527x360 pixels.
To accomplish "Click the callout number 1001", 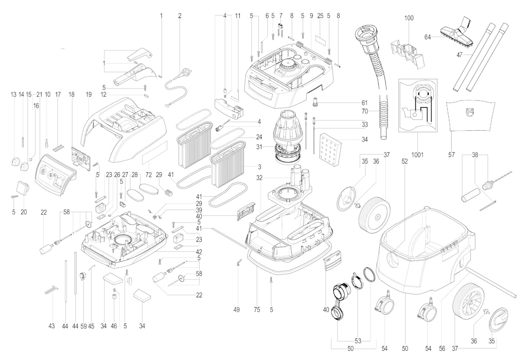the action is [x=417, y=155].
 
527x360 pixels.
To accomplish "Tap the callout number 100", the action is [x=409, y=18].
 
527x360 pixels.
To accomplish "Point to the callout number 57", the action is [x=451, y=155].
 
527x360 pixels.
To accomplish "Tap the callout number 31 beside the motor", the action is [x=268, y=147].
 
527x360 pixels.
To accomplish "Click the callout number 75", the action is [x=257, y=310].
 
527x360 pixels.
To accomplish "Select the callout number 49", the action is [x=236, y=310].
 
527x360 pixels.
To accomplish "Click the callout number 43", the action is [x=51, y=326].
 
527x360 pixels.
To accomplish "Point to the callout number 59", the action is [x=84, y=326].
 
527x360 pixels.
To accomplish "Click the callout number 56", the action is [x=442, y=349].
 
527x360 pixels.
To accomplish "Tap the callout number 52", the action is [x=405, y=161].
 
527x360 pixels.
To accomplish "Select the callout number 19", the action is [x=89, y=95].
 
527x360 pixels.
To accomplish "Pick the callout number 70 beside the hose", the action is [x=365, y=111].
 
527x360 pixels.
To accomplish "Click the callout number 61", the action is [x=365, y=103].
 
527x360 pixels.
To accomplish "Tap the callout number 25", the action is [x=320, y=16].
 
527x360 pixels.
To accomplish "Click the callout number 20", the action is [x=24, y=212].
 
